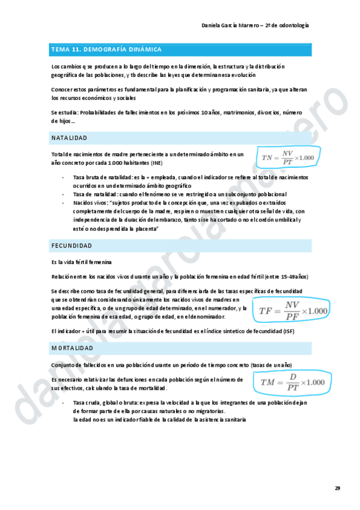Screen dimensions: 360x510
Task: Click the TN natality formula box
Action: (x=288, y=158)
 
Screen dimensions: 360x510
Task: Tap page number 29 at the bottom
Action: (x=337, y=488)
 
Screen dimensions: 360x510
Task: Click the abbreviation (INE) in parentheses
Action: (x=156, y=163)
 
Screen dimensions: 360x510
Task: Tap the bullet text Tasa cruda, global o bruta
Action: (x=106, y=402)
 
